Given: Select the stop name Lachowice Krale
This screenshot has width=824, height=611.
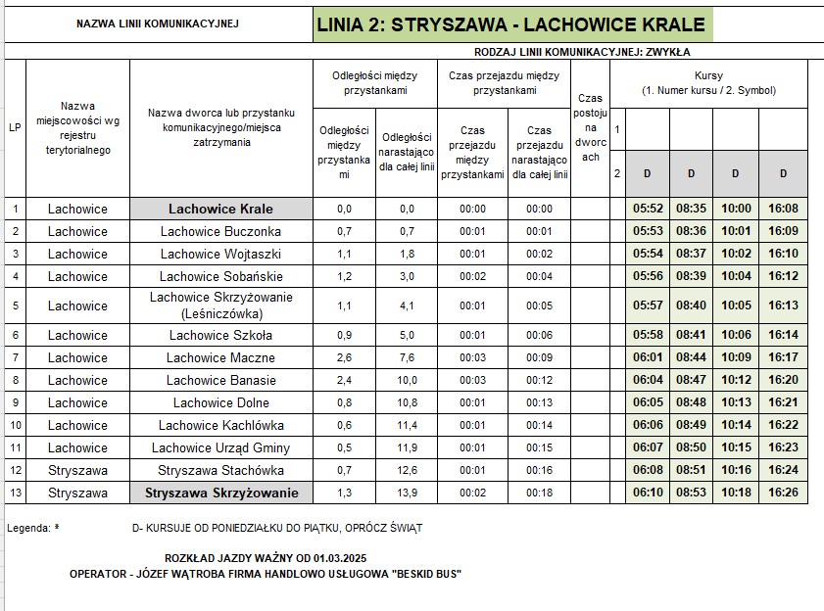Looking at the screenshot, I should click(x=220, y=209).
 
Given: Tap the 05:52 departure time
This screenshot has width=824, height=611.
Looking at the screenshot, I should click(x=649, y=209).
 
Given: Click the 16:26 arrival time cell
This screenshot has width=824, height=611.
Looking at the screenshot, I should click(x=783, y=493).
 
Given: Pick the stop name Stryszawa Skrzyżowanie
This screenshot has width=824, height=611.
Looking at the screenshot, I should click(x=220, y=493).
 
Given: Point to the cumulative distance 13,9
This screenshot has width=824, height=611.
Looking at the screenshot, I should click(x=407, y=493).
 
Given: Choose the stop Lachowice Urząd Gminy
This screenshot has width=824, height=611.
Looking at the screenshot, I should click(x=220, y=447).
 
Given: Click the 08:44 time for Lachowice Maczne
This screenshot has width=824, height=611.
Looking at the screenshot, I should click(x=691, y=357).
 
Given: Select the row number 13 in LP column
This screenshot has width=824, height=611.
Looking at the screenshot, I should click(x=16, y=493).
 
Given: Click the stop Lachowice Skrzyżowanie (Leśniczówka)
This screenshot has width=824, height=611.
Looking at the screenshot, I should click(x=220, y=305).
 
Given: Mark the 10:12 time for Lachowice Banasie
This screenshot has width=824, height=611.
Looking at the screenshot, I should click(x=736, y=380).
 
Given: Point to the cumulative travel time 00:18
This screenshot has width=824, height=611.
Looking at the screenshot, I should click(x=539, y=493).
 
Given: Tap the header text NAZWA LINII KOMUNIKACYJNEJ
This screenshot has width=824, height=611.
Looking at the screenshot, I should click(x=157, y=23).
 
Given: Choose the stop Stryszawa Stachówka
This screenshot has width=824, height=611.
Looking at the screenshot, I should click(x=220, y=470).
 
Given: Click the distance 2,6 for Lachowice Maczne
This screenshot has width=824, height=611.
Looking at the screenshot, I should click(x=344, y=357).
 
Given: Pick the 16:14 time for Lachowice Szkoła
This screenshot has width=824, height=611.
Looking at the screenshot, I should click(x=783, y=335).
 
